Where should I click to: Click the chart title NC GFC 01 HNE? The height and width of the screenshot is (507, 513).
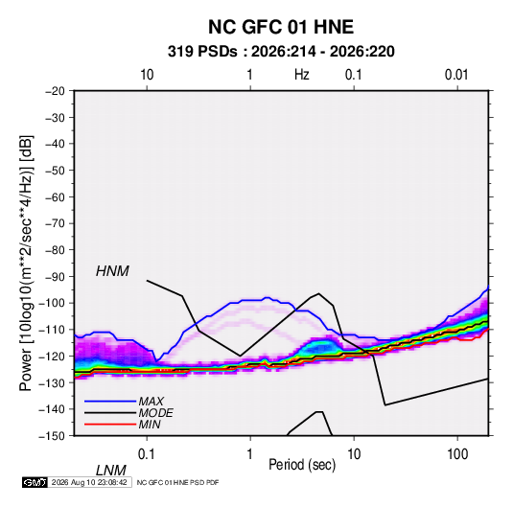pyautogui.click(x=281, y=27)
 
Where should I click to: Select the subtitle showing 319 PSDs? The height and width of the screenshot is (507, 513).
pyautogui.click(x=281, y=52)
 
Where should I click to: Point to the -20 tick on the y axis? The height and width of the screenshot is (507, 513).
pyautogui.click(x=55, y=91)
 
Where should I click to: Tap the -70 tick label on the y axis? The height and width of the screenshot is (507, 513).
pyautogui.click(x=55, y=223)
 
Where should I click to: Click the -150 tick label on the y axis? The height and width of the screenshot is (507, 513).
pyautogui.click(x=52, y=436)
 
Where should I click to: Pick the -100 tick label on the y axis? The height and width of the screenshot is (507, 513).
pyautogui.click(x=52, y=303)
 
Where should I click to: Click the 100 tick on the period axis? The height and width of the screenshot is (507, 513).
pyautogui.click(x=457, y=454)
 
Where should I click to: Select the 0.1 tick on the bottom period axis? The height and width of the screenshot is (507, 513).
pyautogui.click(x=147, y=454)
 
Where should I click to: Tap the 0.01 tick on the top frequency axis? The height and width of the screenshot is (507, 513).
pyautogui.click(x=456, y=75)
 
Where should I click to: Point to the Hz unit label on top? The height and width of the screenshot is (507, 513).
pyautogui.click(x=302, y=75)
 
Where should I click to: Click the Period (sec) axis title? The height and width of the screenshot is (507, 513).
pyautogui.click(x=302, y=465)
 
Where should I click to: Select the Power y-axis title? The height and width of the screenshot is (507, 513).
pyautogui.click(x=26, y=264)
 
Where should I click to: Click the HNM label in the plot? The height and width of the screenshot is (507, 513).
pyautogui.click(x=112, y=271)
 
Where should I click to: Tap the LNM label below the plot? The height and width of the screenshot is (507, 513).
pyautogui.click(x=111, y=471)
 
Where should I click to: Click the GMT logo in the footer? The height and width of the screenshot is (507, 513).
pyautogui.click(x=35, y=482)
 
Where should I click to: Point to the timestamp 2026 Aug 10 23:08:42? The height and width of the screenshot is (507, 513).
pyautogui.click(x=89, y=482)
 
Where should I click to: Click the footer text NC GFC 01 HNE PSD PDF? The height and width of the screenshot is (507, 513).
pyautogui.click(x=177, y=483)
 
